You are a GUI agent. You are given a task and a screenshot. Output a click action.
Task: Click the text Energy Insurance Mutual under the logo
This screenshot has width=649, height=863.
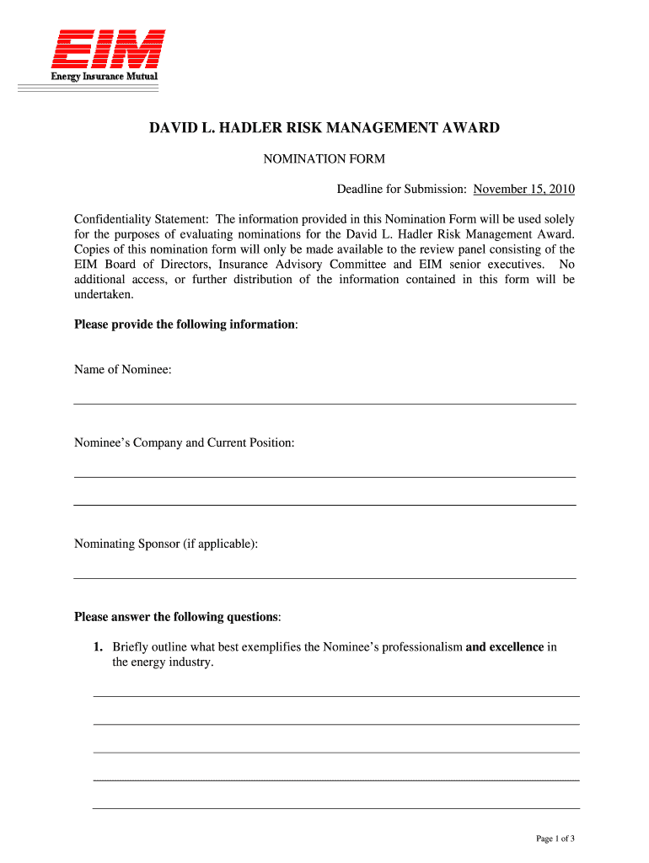point(100,78)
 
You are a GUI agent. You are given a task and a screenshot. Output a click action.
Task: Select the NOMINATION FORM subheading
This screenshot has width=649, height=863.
point(324,158)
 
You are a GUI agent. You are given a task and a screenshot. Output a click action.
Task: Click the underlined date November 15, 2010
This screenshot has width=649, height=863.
point(524,189)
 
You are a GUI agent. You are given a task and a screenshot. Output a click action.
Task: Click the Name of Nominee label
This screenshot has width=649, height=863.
point(123,369)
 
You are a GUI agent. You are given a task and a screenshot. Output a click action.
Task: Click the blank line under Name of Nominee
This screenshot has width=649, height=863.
point(324,404)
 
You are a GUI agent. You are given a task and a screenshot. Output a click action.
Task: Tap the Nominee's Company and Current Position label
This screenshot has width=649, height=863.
point(185,442)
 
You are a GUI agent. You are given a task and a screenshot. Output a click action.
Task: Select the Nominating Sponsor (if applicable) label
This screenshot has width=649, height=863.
point(166,544)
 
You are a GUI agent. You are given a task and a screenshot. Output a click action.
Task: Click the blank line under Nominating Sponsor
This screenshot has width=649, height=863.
point(324,578)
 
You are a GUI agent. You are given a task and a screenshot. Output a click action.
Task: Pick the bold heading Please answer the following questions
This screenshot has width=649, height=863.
point(177,617)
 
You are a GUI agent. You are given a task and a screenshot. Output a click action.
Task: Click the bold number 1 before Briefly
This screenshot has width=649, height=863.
point(98,647)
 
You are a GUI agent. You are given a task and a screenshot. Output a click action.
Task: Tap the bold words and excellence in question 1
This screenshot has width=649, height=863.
point(504,647)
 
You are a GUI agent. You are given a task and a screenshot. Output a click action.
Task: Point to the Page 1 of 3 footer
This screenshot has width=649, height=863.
point(555,839)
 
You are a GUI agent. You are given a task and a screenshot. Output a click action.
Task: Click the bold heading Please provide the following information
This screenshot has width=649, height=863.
point(185,324)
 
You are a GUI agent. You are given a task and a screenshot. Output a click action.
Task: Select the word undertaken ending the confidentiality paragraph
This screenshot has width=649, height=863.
point(104,295)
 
